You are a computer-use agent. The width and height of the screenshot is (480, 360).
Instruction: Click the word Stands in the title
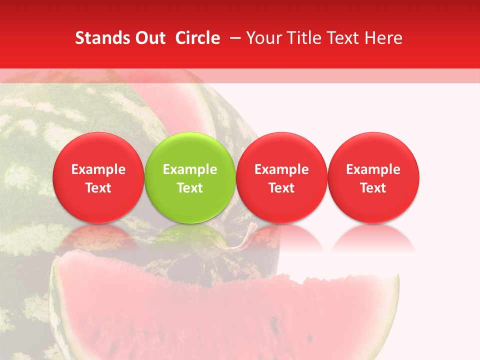tap(102, 38)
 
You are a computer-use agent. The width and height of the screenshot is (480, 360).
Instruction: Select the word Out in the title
tap(150, 38)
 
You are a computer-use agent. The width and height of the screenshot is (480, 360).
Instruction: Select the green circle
tap(190, 177)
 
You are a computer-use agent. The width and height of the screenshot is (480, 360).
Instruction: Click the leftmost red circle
tap(98, 177)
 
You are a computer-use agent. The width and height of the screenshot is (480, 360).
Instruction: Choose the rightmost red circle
tap(373, 177)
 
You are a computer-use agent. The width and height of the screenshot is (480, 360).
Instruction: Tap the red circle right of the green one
tap(281, 177)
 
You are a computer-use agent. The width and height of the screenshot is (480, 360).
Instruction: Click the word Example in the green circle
tap(190, 169)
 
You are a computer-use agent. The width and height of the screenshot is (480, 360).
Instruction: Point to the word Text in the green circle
tap(190, 188)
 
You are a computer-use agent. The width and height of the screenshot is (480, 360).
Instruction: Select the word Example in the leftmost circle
tap(98, 169)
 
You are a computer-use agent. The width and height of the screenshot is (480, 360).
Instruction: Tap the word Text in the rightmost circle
tap(373, 188)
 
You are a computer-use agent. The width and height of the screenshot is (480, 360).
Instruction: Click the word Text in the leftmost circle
tap(98, 188)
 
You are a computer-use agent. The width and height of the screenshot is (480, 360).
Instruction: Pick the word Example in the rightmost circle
tap(373, 169)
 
